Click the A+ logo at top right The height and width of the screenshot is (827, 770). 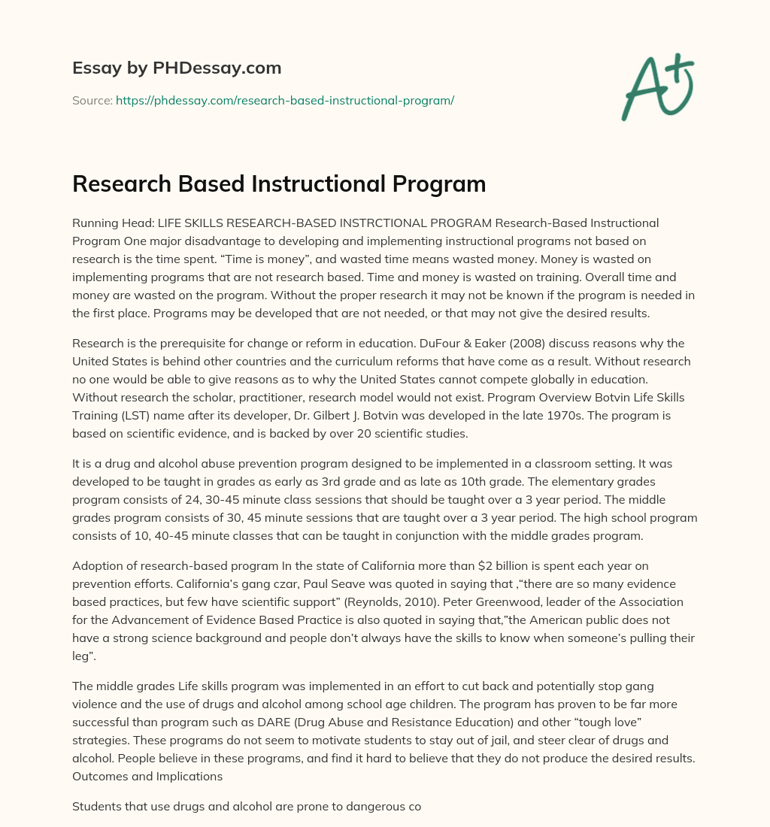pyautogui.click(x=656, y=87)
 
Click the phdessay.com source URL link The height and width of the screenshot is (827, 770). pyautogui.click(x=285, y=99)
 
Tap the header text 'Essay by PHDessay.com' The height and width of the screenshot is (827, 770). pyautogui.click(x=177, y=68)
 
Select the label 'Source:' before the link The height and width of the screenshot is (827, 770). pyautogui.click(x=92, y=99)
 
